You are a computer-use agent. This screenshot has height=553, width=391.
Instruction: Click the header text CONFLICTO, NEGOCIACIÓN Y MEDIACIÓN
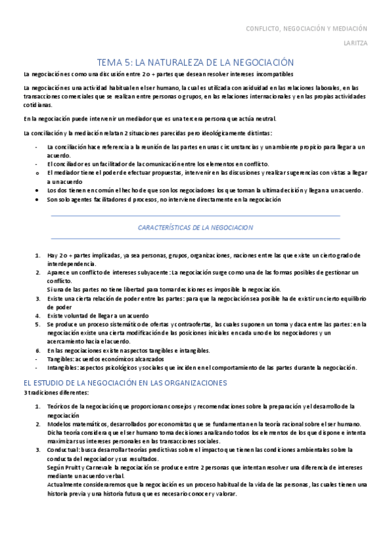(306, 29)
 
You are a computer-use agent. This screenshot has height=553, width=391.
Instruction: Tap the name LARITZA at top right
(356, 45)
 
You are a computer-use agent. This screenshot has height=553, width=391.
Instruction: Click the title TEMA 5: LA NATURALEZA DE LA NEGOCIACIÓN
(195, 62)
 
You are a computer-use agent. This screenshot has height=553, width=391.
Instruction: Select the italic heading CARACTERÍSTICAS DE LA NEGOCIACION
(195, 228)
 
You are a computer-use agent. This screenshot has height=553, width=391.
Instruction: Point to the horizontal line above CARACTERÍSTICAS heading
(195, 215)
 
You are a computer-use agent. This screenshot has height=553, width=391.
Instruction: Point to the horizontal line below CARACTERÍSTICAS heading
(195, 239)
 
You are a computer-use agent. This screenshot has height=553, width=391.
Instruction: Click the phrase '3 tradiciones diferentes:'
(52, 393)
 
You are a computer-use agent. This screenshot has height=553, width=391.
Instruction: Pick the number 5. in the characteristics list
(38, 323)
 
